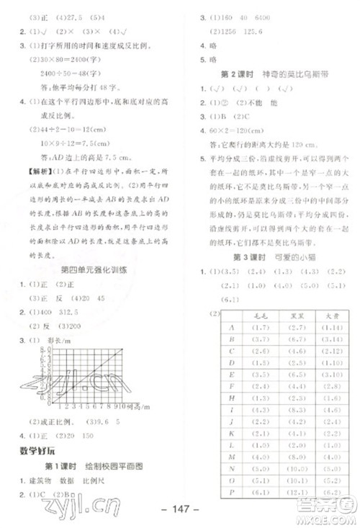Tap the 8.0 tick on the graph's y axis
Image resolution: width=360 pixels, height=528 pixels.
point(36,348)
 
